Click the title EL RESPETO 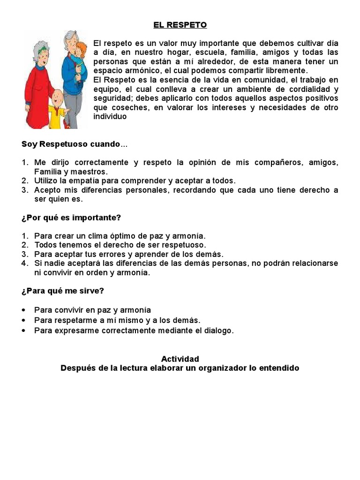180,25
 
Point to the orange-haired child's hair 83,47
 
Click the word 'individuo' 110,117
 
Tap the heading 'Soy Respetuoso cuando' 71,144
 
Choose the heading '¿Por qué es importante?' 71,217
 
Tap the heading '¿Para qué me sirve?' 63,291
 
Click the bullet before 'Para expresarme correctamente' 23,331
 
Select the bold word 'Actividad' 180,359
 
